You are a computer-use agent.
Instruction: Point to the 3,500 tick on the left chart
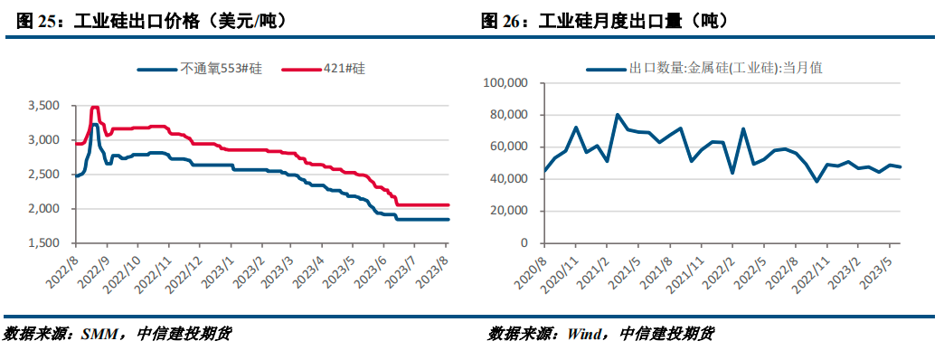tap(42, 106)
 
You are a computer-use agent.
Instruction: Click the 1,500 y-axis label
tap(42, 243)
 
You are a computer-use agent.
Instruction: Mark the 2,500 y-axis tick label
tap(42, 175)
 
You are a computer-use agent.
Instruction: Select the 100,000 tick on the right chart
tap(506, 82)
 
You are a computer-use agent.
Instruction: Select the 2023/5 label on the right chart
tap(878, 270)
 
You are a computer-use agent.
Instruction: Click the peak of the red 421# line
tap(94, 107)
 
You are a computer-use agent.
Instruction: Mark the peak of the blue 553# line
tap(95, 124)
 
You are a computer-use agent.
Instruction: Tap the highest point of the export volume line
tap(617, 115)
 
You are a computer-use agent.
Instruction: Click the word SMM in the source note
tap(98, 334)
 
